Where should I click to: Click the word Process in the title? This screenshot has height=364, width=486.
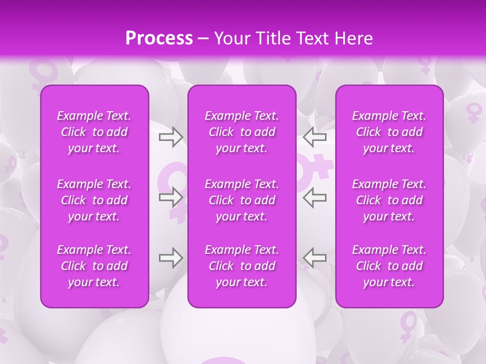coord(159,38)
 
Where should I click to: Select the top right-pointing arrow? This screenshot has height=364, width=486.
coord(171,136)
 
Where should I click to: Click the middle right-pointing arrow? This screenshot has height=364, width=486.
coord(171,197)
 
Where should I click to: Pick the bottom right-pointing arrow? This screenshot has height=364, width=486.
coord(171,258)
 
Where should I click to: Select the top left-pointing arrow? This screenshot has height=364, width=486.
coord(315,136)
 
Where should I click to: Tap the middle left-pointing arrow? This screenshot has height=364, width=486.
coord(315,197)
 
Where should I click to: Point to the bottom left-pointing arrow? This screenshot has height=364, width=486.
coord(315,258)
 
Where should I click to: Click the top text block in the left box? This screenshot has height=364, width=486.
coord(94,132)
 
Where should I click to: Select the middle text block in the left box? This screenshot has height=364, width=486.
coord(94,200)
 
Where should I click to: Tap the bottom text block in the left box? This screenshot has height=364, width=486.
coord(94,266)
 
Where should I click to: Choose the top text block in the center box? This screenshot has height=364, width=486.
coord(242,132)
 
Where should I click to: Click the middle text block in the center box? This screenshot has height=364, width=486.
coord(242,200)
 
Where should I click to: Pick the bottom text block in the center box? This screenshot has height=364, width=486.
coord(242,266)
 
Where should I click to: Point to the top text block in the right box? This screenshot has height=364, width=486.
coord(389,132)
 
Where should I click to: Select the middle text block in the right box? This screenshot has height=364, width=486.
coord(389,200)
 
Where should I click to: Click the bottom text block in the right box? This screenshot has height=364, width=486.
coord(389,266)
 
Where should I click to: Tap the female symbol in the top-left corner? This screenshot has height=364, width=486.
coord(43,73)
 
